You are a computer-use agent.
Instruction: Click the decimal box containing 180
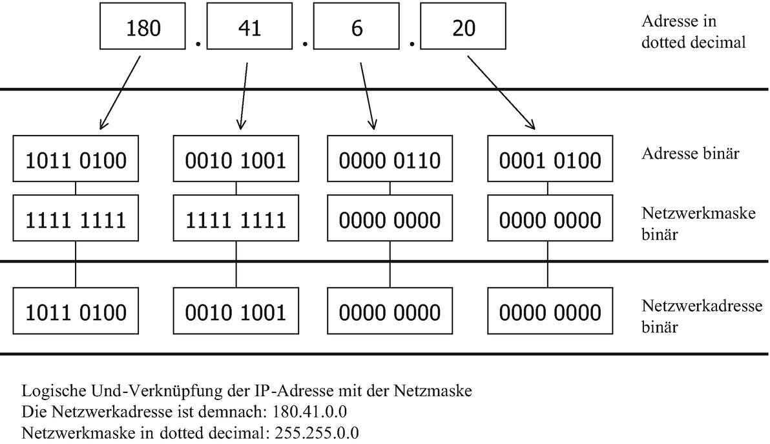coord(142,26)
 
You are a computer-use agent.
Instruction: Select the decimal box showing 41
coord(249,26)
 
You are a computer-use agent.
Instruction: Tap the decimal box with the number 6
coord(356,26)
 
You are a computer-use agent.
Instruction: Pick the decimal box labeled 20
coord(463,26)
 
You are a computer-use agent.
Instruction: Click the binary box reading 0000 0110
coord(390,159)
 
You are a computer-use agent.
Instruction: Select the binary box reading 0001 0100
coord(550,159)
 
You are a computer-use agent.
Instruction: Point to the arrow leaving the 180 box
coord(120,92)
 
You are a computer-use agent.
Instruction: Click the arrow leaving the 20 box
coord(501,92)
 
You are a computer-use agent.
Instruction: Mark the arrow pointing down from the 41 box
coord(244,96)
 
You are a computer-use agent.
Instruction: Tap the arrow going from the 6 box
coord(368,96)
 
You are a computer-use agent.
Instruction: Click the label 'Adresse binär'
coord(690,154)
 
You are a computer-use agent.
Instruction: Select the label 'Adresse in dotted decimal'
coord(693,32)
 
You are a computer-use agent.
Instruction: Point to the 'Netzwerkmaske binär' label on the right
coord(698,224)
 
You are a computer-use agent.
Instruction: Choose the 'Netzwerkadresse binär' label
coord(702,316)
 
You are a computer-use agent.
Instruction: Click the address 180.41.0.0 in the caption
coord(310,411)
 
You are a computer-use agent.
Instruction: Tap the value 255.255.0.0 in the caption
coord(317,433)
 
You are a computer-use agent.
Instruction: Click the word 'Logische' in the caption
coord(54,391)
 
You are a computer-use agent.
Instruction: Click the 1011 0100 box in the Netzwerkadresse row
coord(76,311)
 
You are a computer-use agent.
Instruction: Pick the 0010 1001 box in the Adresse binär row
coord(236,159)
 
